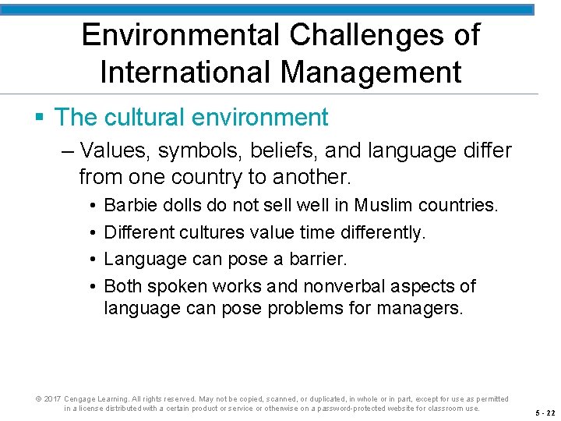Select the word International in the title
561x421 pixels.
pos(185,73)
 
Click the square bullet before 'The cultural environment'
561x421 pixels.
pos(40,118)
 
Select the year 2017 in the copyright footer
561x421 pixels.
pos(52,399)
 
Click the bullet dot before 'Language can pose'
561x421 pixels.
pos(93,259)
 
